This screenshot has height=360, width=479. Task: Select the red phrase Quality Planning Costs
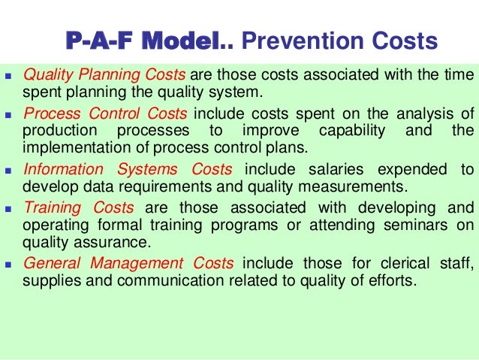point(105,75)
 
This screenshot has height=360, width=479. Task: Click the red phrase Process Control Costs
point(107,113)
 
